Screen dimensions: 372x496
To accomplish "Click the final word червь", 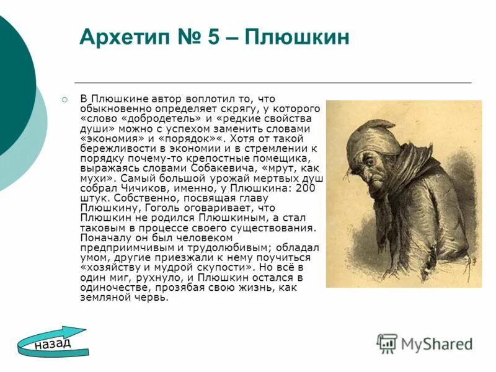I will click(x=153, y=298).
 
